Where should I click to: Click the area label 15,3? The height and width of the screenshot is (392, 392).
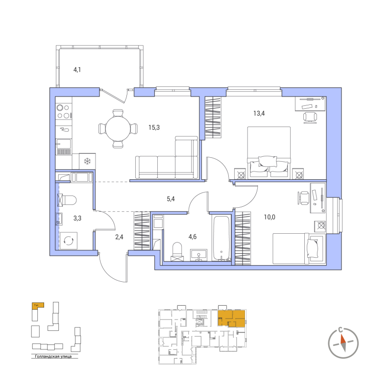click(x=154, y=127)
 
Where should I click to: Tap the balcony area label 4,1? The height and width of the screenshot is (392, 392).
click(x=77, y=70)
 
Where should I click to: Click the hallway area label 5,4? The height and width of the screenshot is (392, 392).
click(x=171, y=199)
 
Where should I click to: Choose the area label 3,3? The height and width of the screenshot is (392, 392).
click(x=77, y=218)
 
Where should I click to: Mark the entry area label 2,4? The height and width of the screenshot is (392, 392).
click(x=119, y=237)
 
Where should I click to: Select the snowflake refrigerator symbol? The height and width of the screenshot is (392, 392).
click(x=88, y=161)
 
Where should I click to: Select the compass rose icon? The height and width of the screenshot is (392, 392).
click(x=343, y=340)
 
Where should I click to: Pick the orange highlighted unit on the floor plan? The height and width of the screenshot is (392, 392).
click(x=232, y=318)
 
